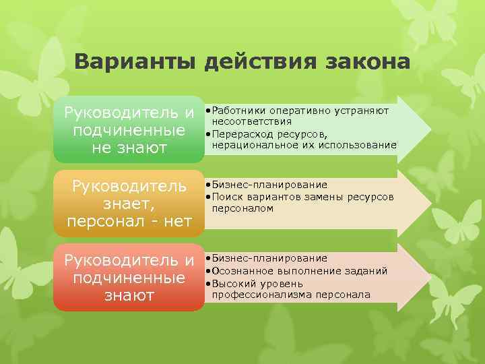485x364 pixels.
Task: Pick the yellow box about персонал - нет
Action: tap(129, 204)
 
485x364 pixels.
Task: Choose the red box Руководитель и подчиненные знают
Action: tap(129, 278)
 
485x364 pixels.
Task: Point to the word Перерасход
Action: tap(240, 133)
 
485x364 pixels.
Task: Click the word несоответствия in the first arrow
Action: tap(252, 121)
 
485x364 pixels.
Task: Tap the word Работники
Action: tap(238, 109)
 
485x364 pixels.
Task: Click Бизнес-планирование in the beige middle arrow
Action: tap(269, 185)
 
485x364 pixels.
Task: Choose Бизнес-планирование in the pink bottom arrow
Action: tap(269, 258)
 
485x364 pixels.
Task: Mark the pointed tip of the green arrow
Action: tap(428, 129)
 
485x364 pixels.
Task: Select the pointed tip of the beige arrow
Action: tap(428, 204)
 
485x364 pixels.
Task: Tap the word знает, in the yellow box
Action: tap(129, 204)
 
